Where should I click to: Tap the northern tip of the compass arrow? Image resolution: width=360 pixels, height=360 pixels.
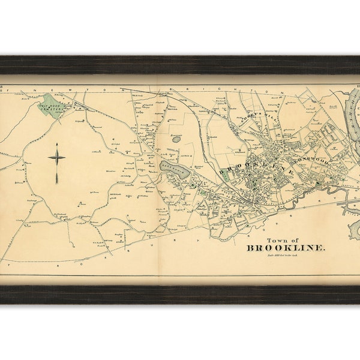(x=56, y=145)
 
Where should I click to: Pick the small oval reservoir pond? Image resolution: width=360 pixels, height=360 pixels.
(x=176, y=139)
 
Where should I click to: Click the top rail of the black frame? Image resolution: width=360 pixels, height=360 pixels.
(x=180, y=65)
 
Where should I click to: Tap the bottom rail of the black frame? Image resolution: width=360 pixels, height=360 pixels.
(x=180, y=294)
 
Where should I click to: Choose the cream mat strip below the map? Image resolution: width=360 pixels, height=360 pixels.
(x=180, y=280)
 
